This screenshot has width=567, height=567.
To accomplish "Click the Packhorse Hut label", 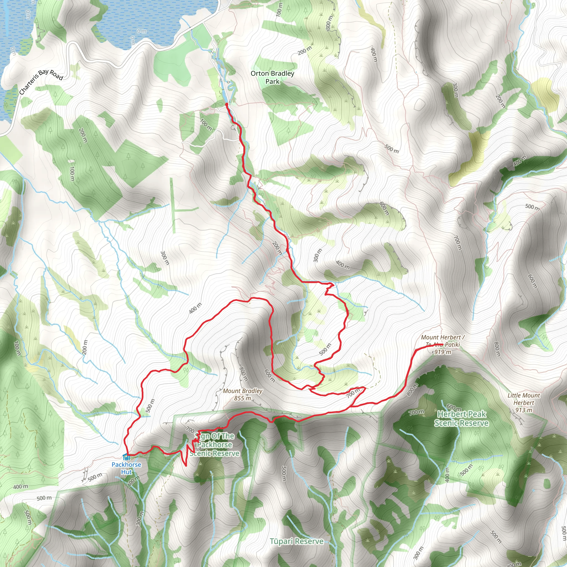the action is click(x=126, y=468).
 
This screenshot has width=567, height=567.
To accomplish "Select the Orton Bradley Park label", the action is click(x=272, y=77).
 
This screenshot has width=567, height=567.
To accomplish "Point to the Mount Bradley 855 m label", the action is click(x=243, y=395).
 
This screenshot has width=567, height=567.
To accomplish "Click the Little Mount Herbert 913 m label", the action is click(x=524, y=403).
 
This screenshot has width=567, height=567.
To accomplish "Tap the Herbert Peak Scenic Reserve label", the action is click(x=461, y=419).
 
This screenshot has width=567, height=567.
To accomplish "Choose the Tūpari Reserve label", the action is click(x=297, y=542).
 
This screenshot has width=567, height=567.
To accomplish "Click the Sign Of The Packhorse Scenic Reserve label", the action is click(x=215, y=445).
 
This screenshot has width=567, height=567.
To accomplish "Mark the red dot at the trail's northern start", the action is click(x=226, y=104).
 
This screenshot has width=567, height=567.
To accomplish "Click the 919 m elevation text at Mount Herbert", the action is click(x=443, y=352).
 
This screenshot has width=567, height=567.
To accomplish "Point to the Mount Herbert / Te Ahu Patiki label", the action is click(x=443, y=341).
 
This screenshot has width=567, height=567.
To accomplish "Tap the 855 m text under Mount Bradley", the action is click(x=243, y=398).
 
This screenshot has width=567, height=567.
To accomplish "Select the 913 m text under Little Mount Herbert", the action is click(x=524, y=410).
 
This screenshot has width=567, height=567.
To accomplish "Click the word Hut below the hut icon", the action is click(x=126, y=472).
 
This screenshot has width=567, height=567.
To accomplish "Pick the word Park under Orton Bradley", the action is click(x=272, y=81).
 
